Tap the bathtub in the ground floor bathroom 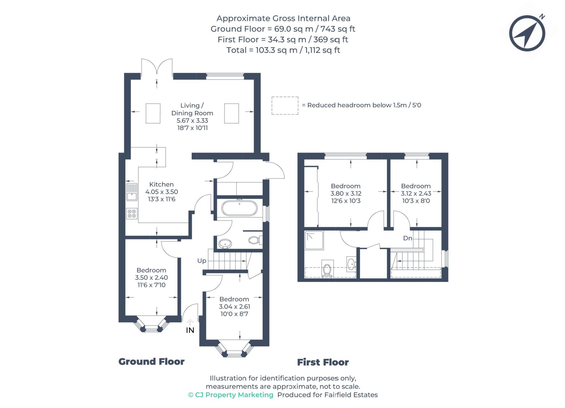(239, 208)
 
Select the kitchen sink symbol (132, 192)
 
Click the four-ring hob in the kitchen (132, 214)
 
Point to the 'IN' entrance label (190, 330)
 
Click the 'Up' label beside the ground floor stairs (202, 261)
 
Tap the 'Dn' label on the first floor (407, 238)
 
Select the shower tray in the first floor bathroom (314, 240)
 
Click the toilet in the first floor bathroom (327, 269)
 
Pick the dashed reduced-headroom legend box (285, 106)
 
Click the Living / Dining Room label (192, 109)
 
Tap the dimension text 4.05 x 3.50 (162, 192)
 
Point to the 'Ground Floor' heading (151, 361)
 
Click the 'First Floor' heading (323, 362)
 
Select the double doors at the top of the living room (157, 67)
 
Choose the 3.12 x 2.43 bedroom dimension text (416, 194)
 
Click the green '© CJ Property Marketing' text (231, 395)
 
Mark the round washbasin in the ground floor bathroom (225, 244)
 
